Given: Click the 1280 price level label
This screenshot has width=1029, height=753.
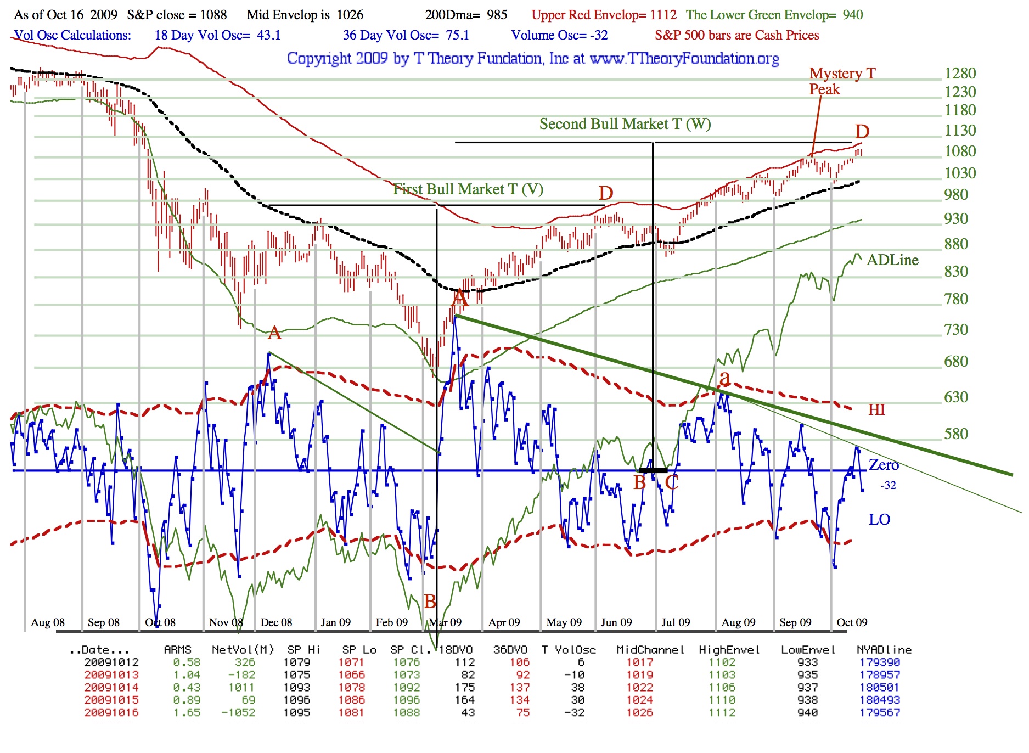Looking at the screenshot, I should (960, 74).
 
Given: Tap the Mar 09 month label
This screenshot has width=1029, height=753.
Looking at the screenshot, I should (445, 622).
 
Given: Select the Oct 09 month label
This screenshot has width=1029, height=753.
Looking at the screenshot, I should (852, 622).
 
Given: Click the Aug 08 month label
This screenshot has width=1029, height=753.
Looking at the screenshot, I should (48, 622).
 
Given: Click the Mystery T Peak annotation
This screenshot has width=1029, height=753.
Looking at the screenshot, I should (842, 81).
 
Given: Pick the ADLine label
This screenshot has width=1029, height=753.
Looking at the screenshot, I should (892, 260).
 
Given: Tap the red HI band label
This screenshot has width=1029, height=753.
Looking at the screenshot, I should (876, 410).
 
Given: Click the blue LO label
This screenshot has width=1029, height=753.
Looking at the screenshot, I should (879, 520).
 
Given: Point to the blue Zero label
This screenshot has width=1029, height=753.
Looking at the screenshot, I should (884, 465).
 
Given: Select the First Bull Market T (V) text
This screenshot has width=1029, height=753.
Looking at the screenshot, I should (468, 189).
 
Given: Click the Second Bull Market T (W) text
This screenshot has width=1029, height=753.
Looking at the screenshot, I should (625, 124).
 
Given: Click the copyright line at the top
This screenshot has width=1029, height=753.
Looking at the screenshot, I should (533, 58).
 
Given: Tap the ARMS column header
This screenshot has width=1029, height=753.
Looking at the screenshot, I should (177, 650).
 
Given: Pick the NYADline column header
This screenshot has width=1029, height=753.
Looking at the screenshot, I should (884, 650).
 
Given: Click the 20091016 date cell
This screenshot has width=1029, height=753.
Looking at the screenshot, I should (111, 712).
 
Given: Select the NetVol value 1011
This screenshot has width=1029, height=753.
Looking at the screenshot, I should (241, 688).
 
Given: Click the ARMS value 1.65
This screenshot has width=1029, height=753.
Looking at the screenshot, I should (187, 712).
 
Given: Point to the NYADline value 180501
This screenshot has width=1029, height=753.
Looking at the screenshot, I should (880, 688).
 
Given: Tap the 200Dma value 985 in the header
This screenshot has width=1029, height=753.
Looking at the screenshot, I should (497, 15).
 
